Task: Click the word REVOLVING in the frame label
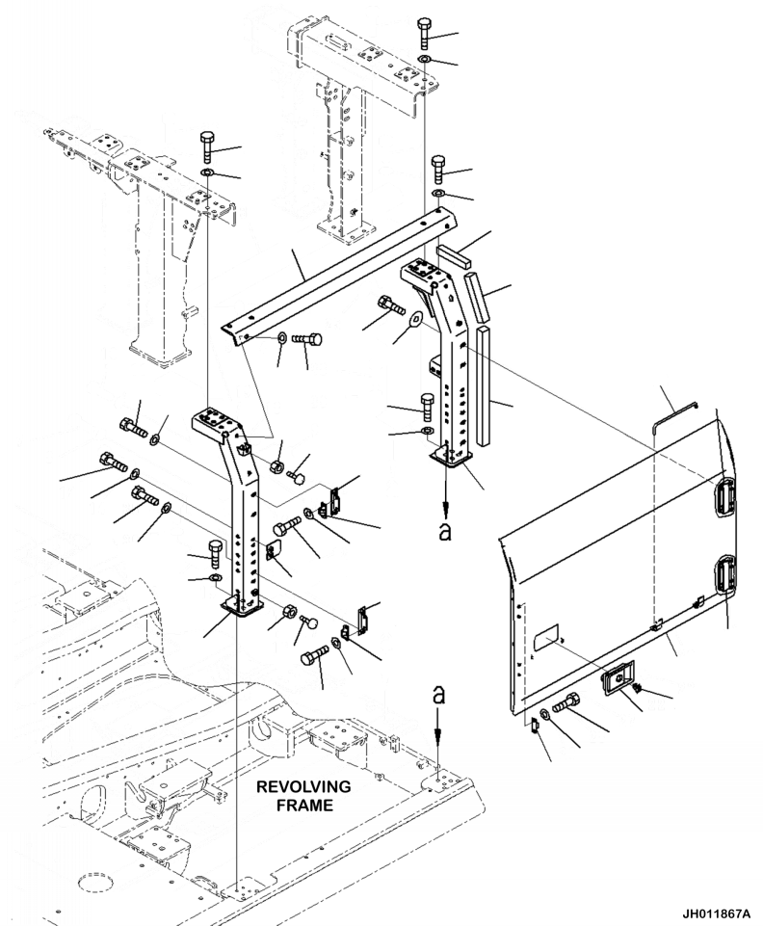tap(303, 786)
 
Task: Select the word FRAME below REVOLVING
tap(304, 805)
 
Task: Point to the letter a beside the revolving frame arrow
tap(438, 697)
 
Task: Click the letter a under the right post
tap(445, 532)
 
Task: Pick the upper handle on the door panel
tap(724, 498)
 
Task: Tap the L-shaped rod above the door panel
tap(673, 416)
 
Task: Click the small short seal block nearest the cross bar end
tap(456, 257)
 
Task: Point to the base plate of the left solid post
tap(242, 606)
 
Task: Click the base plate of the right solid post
tap(453, 456)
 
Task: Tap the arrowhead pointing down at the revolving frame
tap(437, 733)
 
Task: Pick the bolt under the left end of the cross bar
tap(307, 339)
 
